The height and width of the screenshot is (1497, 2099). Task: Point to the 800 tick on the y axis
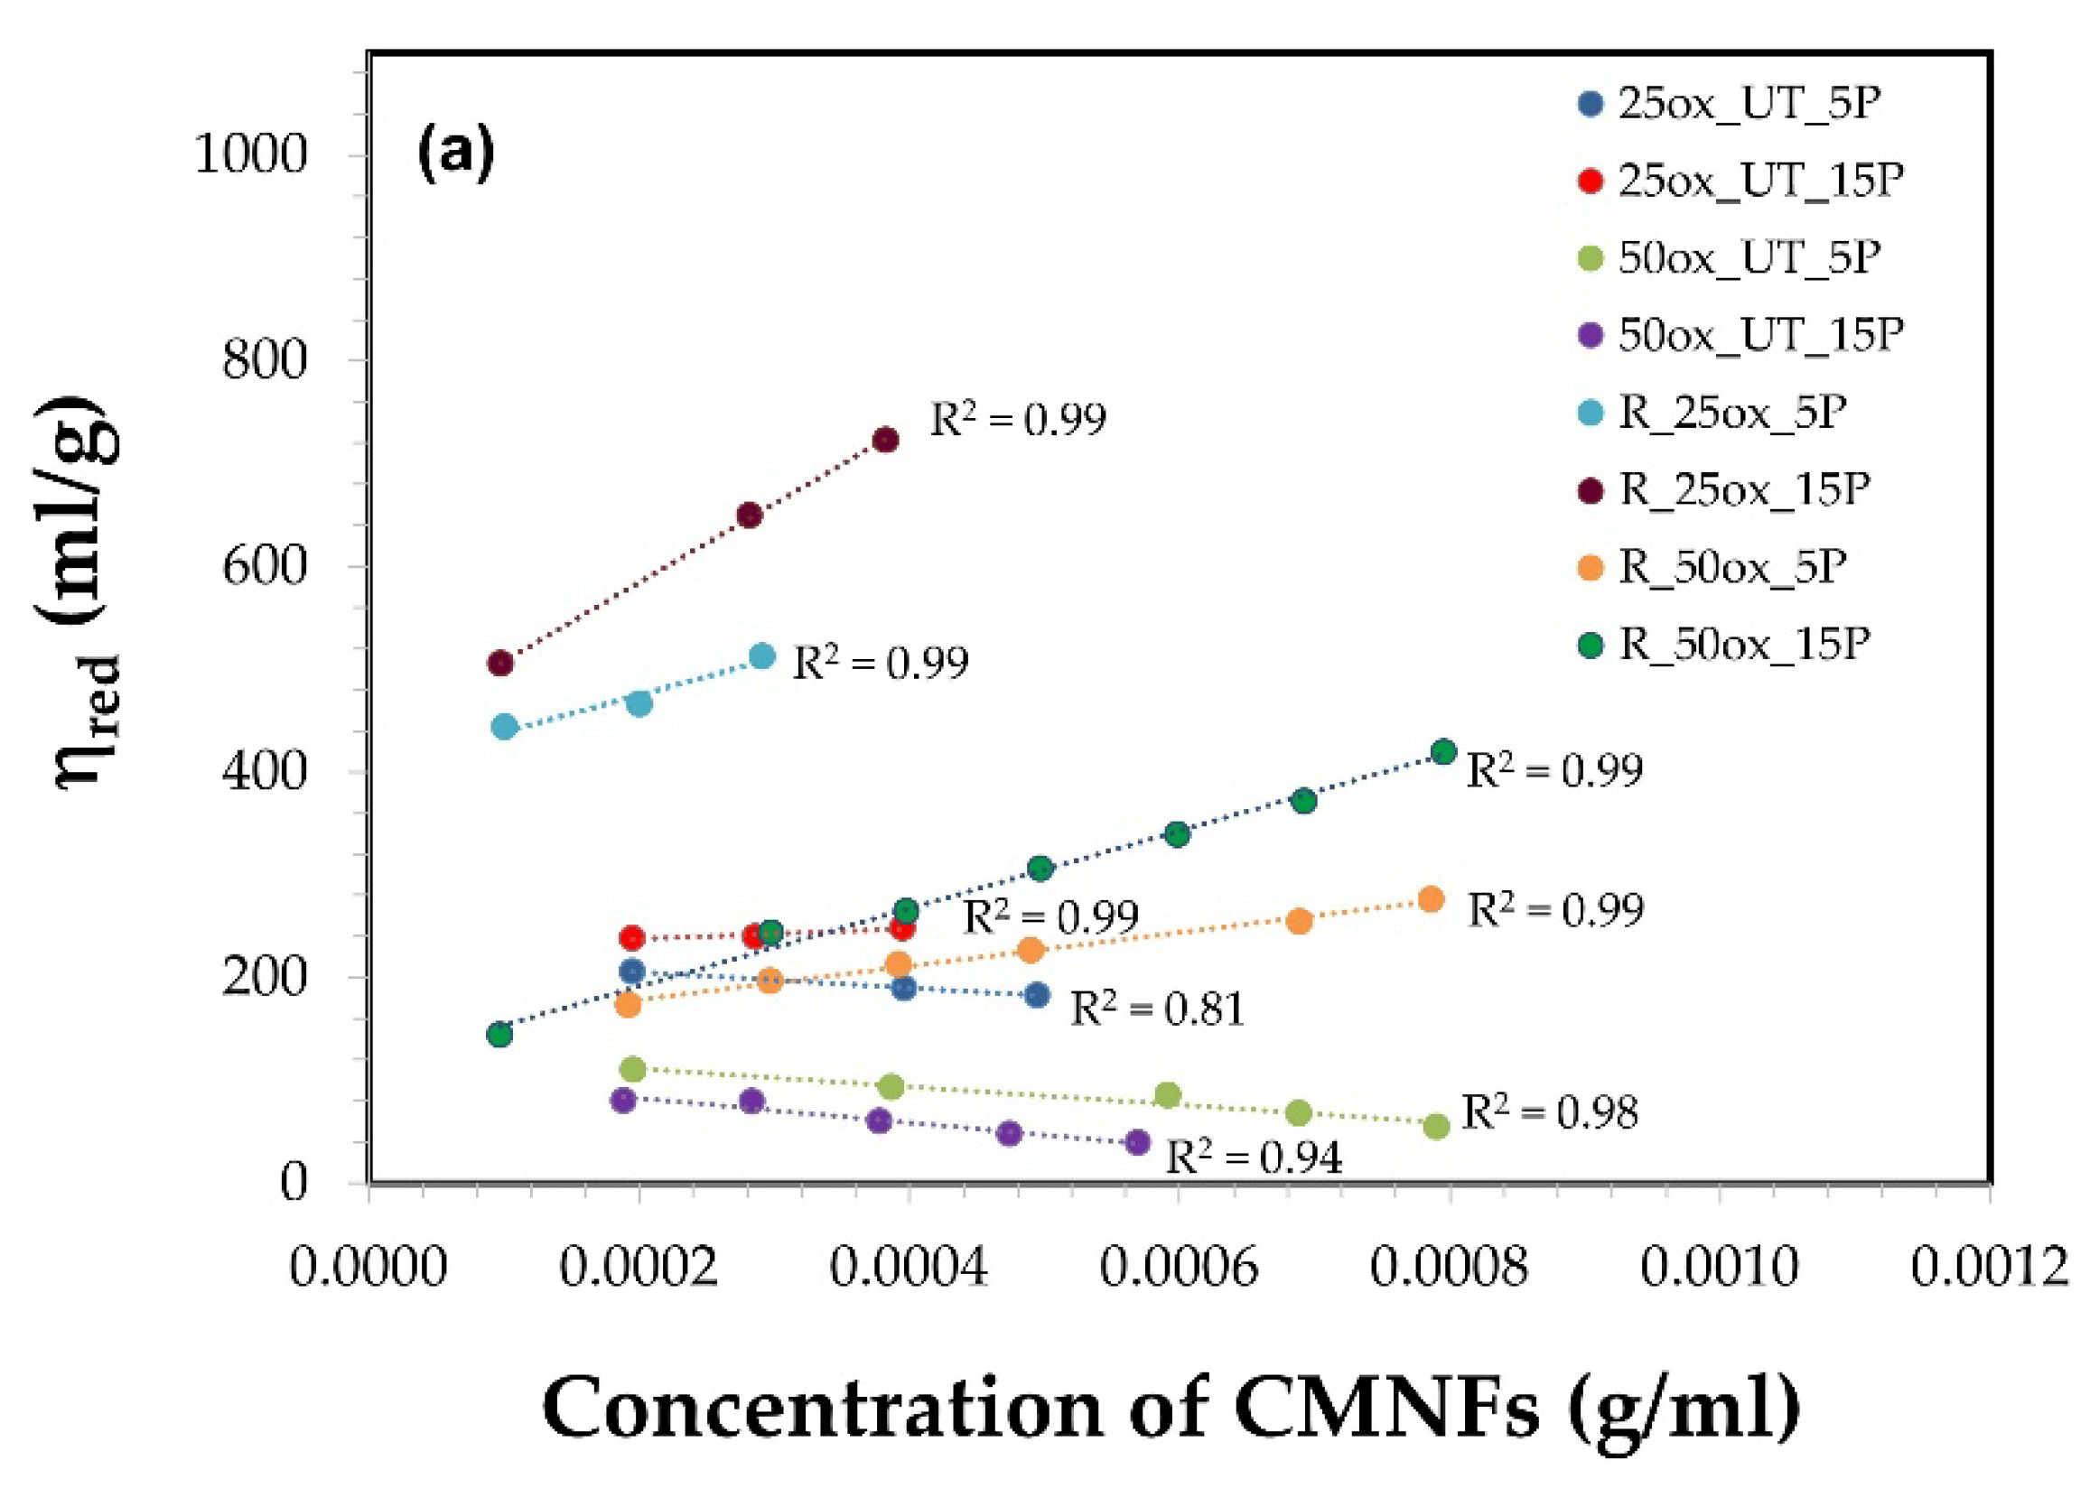264,359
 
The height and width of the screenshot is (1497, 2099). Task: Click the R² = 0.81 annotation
1157,1009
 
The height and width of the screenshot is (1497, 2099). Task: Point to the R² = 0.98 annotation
1550,1112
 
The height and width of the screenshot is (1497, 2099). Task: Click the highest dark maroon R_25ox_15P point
885,440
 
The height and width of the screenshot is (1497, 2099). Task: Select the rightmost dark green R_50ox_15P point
1443,751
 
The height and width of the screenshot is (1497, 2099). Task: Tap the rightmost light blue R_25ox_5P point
761,656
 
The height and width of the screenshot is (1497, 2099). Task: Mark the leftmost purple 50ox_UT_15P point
624,1100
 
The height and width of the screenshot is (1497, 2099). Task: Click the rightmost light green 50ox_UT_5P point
1436,1127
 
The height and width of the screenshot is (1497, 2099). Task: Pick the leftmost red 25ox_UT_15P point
631,938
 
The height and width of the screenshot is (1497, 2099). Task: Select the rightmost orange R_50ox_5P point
1431,898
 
